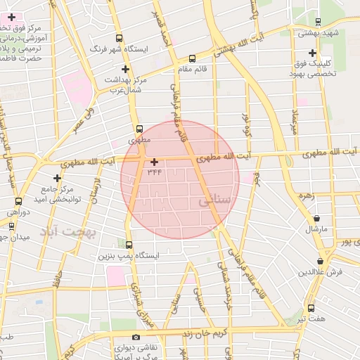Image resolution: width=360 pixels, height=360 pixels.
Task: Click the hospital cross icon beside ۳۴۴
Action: tap(154, 162)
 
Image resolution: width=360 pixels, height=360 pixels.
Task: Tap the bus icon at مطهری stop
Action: tap(139, 129)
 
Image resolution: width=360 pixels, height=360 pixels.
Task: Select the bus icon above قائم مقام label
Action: tap(193, 58)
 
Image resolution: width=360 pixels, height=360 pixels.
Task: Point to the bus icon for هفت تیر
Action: tap(311, 308)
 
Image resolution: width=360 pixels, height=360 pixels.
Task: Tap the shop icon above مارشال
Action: tap(318, 219)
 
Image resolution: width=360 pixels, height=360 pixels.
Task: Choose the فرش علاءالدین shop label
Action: tap(320, 271)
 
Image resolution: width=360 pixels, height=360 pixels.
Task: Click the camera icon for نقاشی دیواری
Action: tap(136, 337)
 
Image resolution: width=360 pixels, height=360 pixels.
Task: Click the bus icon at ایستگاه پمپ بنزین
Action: tap(129, 245)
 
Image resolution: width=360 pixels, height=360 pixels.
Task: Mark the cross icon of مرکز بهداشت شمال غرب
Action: tap(126, 69)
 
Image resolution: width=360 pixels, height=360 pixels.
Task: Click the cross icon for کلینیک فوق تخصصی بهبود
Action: tap(312, 53)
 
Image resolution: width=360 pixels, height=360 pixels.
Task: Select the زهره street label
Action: tap(305, 195)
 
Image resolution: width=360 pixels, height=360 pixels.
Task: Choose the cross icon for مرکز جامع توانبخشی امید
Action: tap(58, 178)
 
